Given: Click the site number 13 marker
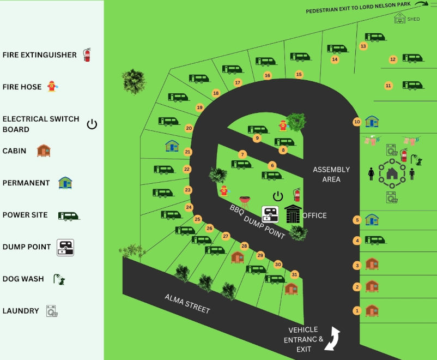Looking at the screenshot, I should coord(363,46).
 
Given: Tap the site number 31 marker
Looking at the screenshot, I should coord(295,274).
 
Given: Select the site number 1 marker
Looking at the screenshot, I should coord(357,311).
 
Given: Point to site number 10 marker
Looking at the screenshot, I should coord(357,122).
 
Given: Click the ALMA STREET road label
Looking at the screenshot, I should coord(187,303).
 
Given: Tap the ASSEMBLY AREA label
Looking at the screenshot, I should coord(331,175).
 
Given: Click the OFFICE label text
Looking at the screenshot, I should coord(315,215).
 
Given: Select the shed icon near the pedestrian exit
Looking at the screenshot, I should coord(400,19).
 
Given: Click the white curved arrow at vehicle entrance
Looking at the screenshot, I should coord(332,338).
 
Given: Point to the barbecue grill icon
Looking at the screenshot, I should coord(245,201).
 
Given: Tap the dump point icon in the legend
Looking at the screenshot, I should coord(65,247).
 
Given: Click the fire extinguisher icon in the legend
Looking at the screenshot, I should coord(87,55).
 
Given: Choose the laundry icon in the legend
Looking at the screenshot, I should coord(52,311).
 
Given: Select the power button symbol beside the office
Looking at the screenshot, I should coord(278,196).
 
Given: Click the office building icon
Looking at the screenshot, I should coord(293,214).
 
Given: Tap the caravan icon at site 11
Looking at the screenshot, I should coord(412,85).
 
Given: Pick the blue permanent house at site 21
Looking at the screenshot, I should coord(172,146).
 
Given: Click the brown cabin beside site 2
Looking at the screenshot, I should coord(372,286).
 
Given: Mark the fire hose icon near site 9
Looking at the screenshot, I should coord(282,125).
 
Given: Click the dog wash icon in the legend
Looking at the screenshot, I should coord(59,279).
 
